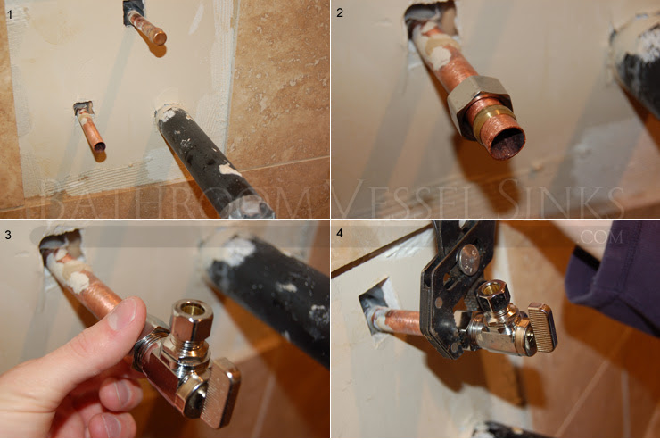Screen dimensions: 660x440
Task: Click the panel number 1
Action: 10,15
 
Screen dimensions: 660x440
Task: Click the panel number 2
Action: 340,13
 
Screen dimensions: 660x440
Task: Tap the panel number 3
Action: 8,235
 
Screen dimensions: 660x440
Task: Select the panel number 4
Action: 340,233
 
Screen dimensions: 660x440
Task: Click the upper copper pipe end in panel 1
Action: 159,37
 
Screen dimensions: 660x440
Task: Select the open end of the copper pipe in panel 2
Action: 507,143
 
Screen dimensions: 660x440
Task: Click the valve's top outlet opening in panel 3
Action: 192,310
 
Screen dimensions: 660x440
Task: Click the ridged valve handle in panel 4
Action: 543,326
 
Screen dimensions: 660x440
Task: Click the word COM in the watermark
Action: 601,237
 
